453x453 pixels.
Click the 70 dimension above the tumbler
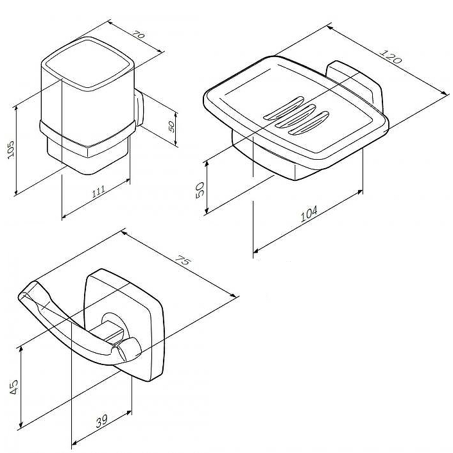click(139, 35)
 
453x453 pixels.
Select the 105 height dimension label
click(10, 150)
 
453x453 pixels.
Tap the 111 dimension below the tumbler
click(99, 192)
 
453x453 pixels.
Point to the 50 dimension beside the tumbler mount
click(171, 126)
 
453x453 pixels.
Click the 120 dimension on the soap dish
click(391, 56)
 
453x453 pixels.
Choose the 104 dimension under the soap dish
click(309, 214)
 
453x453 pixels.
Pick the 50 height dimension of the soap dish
click(200, 190)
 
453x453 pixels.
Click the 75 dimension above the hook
click(183, 261)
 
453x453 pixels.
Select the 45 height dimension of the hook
click(13, 387)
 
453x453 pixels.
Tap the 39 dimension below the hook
click(101, 421)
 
